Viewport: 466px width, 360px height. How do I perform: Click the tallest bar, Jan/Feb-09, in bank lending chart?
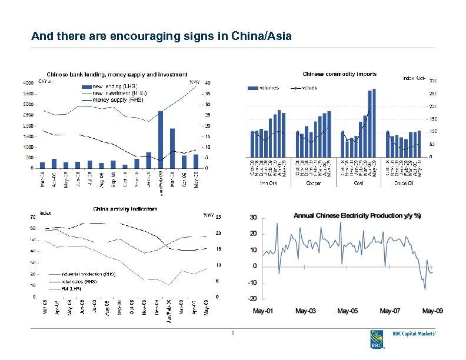coord(160,139)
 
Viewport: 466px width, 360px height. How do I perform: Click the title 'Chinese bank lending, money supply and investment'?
coord(117,75)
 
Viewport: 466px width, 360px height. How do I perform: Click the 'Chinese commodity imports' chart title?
coord(339,74)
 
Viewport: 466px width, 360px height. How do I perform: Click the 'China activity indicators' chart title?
coord(125,209)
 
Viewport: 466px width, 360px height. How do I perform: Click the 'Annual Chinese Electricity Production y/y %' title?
coord(357,216)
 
